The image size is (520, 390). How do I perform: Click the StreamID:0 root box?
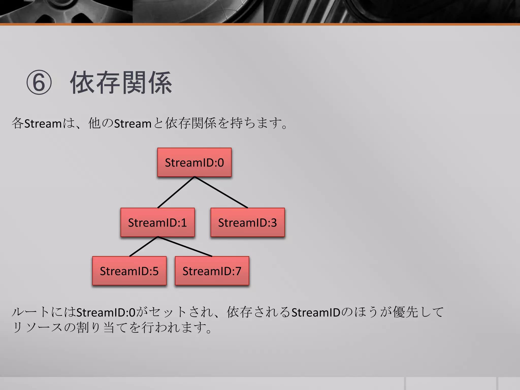[x=194, y=162]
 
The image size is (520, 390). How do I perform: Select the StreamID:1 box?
[x=157, y=222]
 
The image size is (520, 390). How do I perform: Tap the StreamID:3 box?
[x=248, y=222]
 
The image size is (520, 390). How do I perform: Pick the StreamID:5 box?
[x=129, y=271]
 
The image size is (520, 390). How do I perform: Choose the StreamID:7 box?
[x=212, y=271]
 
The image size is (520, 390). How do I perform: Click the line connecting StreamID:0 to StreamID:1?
[x=176, y=192]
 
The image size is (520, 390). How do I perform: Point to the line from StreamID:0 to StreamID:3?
[x=221, y=192]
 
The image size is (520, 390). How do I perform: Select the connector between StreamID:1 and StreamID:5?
[x=144, y=247]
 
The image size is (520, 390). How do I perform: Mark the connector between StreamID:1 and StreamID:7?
[x=185, y=247]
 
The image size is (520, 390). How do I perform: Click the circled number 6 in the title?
[x=39, y=83]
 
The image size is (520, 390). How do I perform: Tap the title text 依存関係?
[x=121, y=83]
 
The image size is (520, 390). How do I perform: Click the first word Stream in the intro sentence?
[x=43, y=124]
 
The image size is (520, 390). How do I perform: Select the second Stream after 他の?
[x=133, y=124]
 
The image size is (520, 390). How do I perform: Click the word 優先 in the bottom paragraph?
[x=405, y=312]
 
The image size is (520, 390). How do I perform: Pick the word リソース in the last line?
[x=37, y=327]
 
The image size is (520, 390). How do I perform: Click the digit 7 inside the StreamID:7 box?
[x=238, y=271]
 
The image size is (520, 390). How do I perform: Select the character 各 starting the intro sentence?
[x=18, y=123]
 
